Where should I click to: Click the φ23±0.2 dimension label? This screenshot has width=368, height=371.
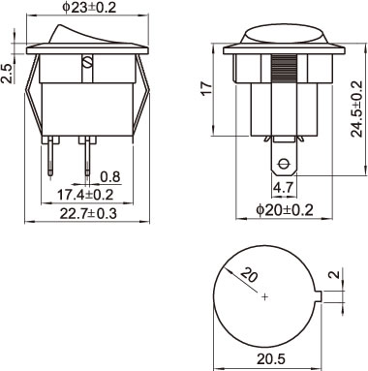point(89,8)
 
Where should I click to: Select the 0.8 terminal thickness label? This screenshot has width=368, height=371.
point(110,177)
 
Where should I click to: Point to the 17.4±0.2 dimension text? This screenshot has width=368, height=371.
point(85,195)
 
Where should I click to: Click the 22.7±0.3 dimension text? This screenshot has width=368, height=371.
point(88,213)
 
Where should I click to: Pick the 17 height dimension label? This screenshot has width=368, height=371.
point(206,88)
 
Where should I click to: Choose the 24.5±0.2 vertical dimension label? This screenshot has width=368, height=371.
point(357,108)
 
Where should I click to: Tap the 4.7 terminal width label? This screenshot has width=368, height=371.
point(283,187)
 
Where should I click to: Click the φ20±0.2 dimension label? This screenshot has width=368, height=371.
point(285,210)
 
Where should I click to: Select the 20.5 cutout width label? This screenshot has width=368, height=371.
point(271,358)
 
